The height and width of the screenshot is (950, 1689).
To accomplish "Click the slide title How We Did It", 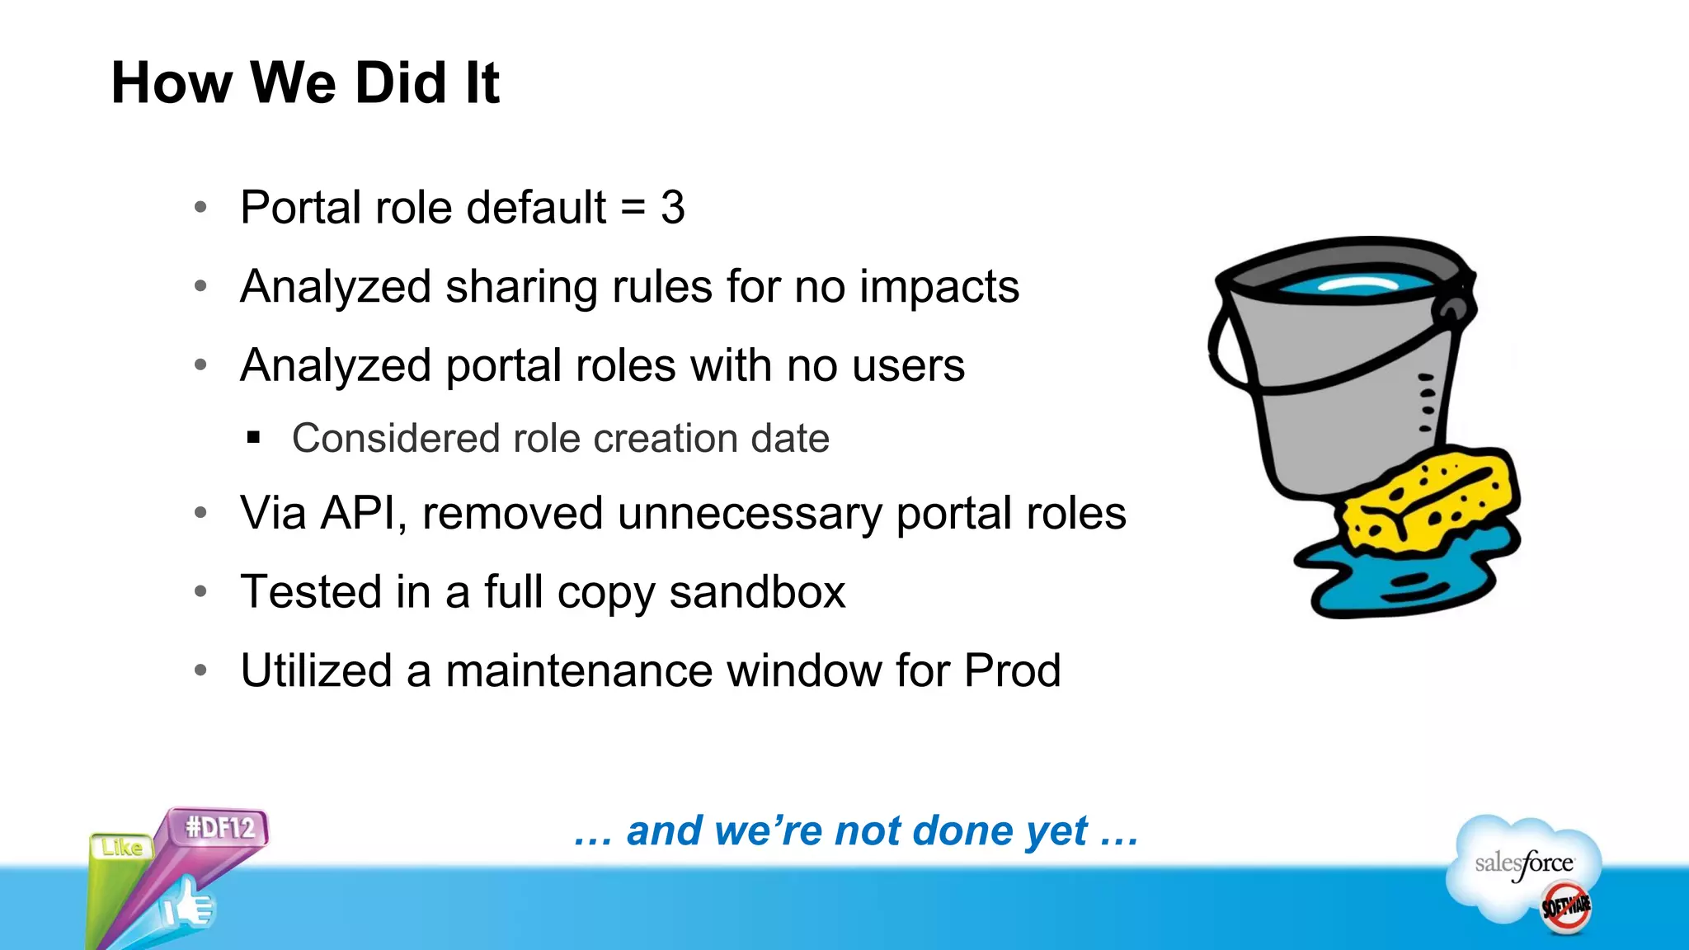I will click(x=305, y=83).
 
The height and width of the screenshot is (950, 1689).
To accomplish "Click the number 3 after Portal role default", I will click(x=672, y=207).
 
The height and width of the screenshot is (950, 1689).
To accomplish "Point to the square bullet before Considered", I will click(x=253, y=438).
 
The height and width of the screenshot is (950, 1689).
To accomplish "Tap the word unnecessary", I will click(x=750, y=513).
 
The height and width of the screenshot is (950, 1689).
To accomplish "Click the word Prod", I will click(x=1012, y=670).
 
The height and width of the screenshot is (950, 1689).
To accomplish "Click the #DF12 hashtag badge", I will click(x=219, y=827).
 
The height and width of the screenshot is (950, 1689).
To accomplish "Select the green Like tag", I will click(x=121, y=847).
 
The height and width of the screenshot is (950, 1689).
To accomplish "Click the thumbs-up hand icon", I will click(x=188, y=907).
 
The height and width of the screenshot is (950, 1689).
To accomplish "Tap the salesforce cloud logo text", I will click(x=1523, y=863).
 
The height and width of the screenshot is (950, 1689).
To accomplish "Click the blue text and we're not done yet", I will click(x=856, y=830).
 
